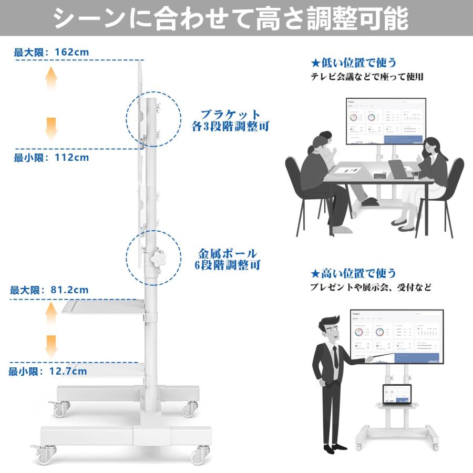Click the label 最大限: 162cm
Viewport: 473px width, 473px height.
click(52, 52)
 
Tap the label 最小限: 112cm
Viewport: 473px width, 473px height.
click(52, 157)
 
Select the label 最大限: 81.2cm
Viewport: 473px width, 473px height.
click(49, 290)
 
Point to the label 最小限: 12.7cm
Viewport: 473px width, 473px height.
click(48, 372)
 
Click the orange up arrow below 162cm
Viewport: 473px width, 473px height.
click(51, 79)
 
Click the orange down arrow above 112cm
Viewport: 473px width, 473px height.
click(51, 128)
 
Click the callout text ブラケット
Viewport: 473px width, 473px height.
click(230, 115)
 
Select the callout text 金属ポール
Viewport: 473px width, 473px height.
click(228, 253)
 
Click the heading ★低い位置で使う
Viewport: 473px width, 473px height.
click(353, 63)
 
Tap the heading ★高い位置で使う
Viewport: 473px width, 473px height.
click(353, 273)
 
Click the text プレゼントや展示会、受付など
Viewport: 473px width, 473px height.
click(371, 287)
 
